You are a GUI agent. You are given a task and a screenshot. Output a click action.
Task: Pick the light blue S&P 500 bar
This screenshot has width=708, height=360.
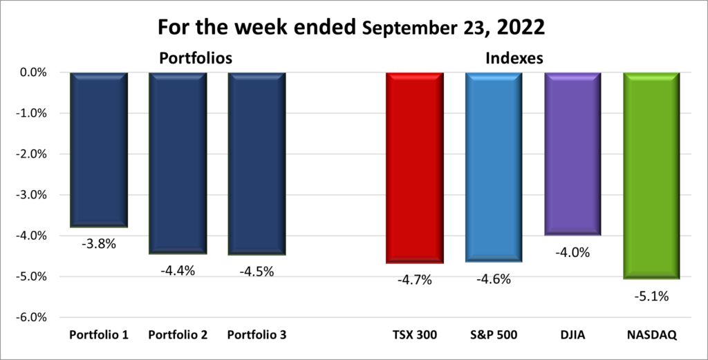(494, 166)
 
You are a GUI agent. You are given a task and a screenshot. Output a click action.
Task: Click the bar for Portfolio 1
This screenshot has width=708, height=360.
(99, 149)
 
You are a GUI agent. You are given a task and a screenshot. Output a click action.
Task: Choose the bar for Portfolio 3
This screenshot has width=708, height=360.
(257, 163)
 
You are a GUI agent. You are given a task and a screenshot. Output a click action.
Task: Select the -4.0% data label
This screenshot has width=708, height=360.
(572, 252)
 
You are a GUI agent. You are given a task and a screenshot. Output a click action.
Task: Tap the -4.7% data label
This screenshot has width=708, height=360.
(415, 280)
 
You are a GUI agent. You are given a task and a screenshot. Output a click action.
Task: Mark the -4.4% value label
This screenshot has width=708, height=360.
(178, 271)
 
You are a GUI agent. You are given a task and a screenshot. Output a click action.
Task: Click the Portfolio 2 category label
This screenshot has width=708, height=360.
(178, 335)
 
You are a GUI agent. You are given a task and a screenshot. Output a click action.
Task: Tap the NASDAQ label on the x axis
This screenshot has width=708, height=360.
(652, 335)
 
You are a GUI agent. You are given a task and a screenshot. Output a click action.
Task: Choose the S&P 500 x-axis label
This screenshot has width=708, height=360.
(494, 335)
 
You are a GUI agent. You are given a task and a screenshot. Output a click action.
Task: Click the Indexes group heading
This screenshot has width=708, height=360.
(513, 59)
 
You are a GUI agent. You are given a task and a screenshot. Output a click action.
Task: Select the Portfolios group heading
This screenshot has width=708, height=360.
(196, 57)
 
